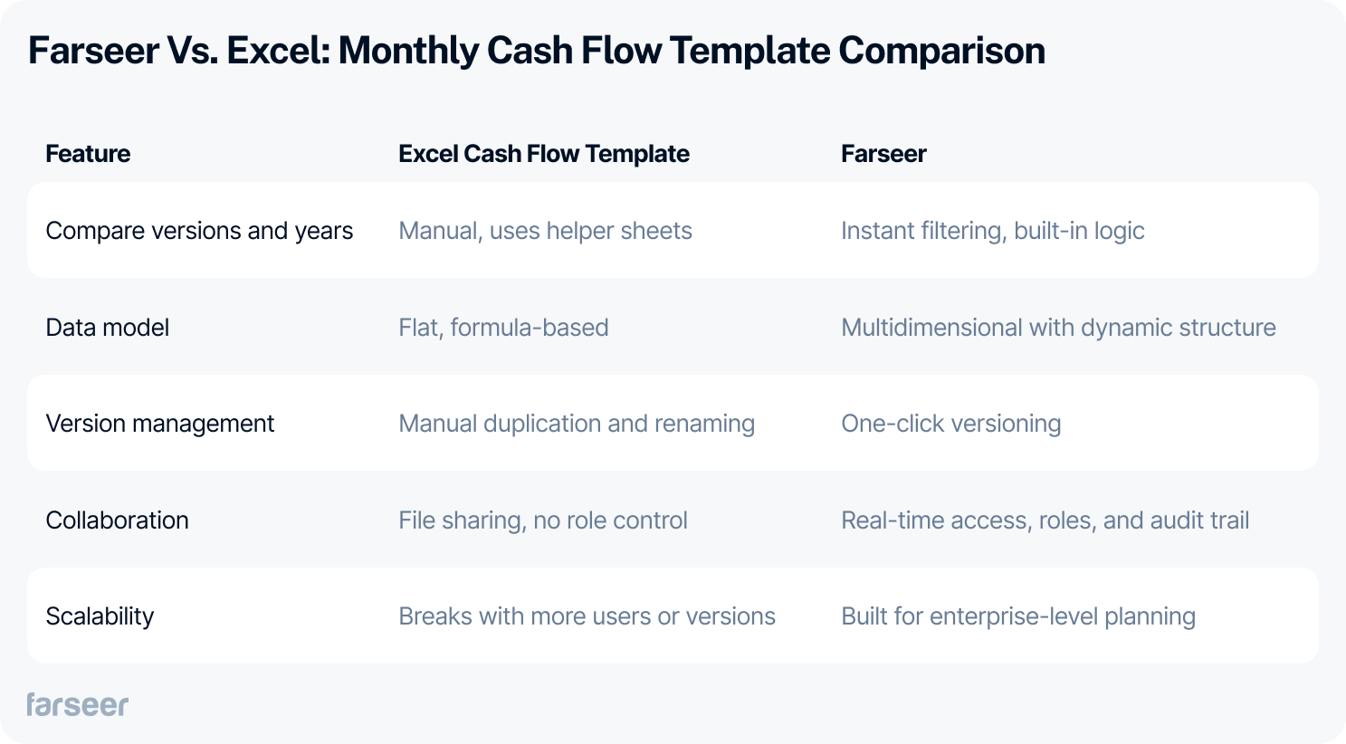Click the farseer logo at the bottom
point(78,704)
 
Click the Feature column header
point(88,154)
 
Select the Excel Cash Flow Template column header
point(543,154)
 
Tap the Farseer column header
point(883,154)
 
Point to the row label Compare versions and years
point(199,231)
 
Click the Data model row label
point(107,328)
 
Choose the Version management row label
point(159,424)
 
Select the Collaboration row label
point(117,520)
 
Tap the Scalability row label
point(100,616)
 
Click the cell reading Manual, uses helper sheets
point(545,231)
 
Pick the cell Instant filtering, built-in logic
point(992,231)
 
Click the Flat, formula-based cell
point(503,328)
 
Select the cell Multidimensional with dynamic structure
point(1058,328)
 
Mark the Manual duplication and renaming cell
point(577,424)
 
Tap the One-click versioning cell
point(950,424)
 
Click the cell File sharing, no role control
point(543,520)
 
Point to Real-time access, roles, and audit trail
point(1045,520)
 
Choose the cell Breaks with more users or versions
point(587,616)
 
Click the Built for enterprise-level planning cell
point(1017,616)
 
